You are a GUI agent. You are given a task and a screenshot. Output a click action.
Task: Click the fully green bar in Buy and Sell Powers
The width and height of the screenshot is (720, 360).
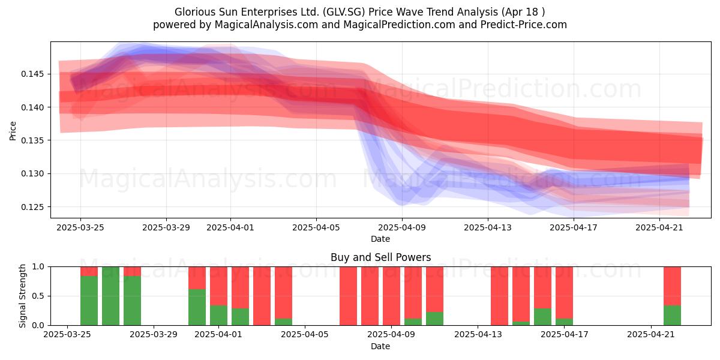(110, 296)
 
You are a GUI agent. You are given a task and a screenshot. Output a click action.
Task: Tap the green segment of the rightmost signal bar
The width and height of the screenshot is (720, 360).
(672, 316)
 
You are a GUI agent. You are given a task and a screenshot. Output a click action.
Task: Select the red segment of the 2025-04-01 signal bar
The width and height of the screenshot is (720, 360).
(218, 286)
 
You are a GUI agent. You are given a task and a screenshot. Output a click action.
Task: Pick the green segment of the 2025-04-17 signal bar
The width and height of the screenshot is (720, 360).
(564, 322)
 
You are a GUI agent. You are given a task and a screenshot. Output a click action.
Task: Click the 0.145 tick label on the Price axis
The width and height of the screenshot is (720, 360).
(32, 74)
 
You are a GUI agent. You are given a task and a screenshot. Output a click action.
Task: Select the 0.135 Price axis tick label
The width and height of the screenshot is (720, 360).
(32, 140)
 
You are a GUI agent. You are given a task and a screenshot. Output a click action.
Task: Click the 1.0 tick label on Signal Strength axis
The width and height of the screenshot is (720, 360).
(38, 267)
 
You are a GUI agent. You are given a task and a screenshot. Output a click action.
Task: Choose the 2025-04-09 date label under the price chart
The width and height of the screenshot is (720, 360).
(402, 227)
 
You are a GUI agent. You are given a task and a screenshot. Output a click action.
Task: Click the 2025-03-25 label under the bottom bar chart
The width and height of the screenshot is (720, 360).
(67, 335)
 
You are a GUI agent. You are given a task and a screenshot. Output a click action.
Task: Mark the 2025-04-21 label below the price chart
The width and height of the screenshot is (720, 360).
(659, 227)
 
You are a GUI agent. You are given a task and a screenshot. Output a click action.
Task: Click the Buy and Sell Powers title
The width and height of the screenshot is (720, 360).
(380, 257)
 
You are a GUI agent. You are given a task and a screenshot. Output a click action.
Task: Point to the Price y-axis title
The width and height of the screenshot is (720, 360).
(13, 131)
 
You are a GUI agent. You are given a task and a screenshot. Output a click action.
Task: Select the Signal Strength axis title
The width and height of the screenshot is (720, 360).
(22, 296)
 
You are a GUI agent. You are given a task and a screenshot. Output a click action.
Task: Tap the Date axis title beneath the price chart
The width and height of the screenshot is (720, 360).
(380, 239)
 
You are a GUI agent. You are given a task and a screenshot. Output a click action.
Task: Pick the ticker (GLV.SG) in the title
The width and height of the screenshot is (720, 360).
(344, 12)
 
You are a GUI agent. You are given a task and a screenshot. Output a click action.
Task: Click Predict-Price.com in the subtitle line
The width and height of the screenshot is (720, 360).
(524, 25)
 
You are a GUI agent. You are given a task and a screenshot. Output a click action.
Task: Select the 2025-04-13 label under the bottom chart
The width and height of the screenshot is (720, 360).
(478, 335)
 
